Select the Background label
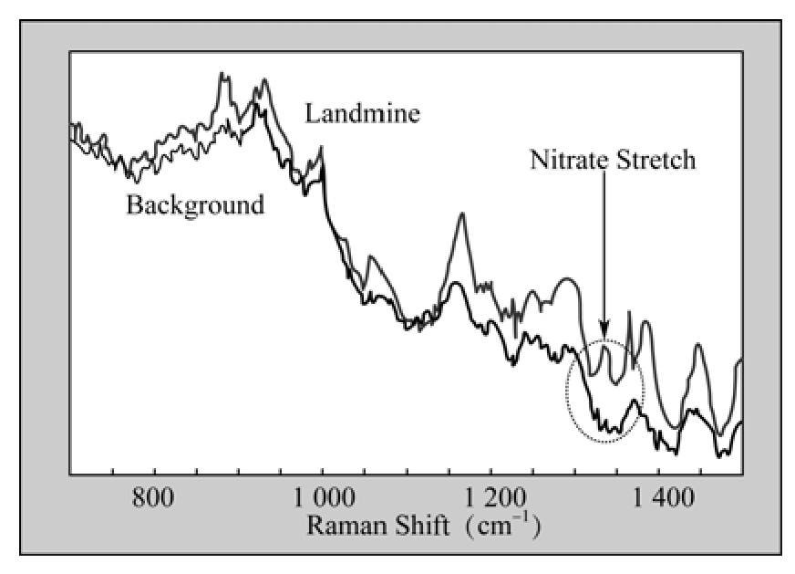(x=195, y=204)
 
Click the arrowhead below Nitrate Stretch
(x=604, y=331)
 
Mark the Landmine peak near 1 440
(x=697, y=345)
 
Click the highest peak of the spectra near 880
(x=222, y=76)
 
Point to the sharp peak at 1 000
(x=322, y=149)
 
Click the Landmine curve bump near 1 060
(x=370, y=258)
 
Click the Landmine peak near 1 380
(x=645, y=322)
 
